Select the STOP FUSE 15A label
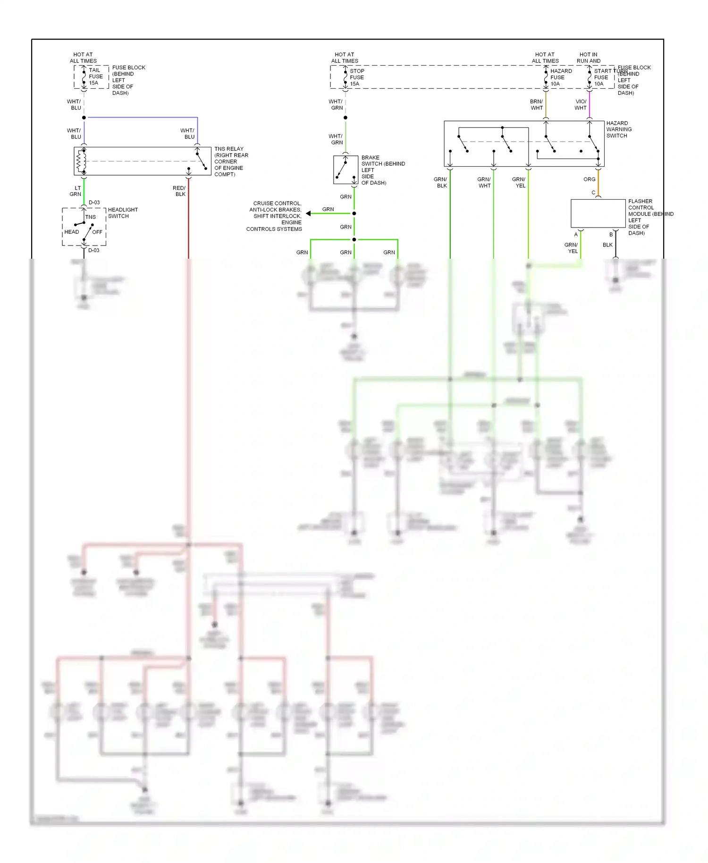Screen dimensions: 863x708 click(356, 77)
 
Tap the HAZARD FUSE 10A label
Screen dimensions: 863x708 click(560, 77)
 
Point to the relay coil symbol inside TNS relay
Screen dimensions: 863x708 click(81, 161)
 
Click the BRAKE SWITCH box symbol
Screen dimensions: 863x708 click(346, 170)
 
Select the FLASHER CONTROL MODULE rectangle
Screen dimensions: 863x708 click(598, 213)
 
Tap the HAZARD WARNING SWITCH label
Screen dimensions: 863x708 click(619, 129)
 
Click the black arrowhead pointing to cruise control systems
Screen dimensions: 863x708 click(308, 213)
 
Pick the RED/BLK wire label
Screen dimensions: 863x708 click(179, 191)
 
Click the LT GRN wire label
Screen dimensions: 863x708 click(76, 191)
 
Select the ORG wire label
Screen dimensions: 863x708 click(589, 179)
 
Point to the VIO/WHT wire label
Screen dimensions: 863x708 click(581, 105)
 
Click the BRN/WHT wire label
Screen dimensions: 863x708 click(536, 105)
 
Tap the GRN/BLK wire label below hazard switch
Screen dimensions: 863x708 click(440, 183)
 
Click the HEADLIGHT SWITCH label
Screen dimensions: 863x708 click(123, 213)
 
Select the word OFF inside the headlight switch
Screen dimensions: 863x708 click(97, 232)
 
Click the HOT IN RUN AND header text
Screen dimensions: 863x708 click(588, 58)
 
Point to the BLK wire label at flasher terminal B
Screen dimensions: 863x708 click(607, 245)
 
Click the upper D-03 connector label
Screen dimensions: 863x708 click(94, 203)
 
